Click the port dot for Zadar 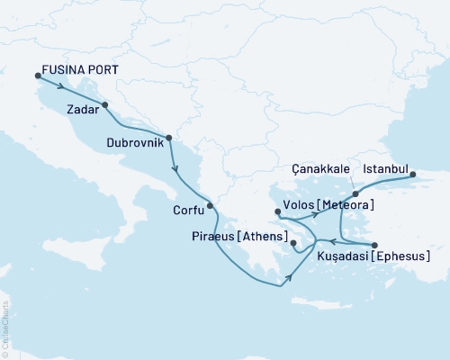(106, 104)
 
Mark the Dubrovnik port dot (168, 137)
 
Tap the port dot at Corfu (211, 205)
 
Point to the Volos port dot (278, 212)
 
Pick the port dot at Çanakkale (356, 193)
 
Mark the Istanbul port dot (414, 175)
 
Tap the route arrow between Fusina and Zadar (62, 86)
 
